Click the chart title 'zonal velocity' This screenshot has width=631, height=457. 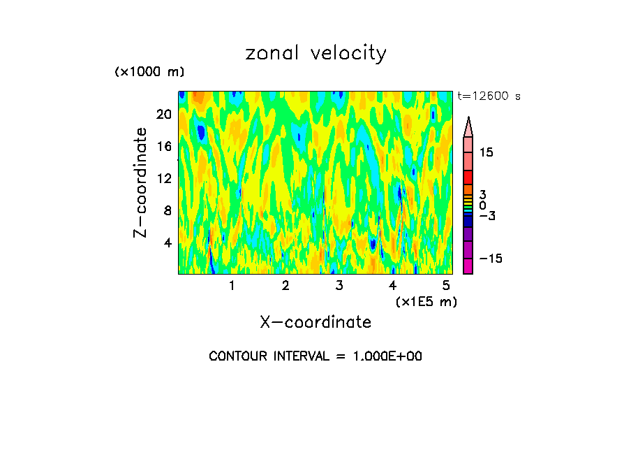coord(315,54)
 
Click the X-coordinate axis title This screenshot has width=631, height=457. coord(315,322)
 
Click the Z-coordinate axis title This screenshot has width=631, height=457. coord(142,182)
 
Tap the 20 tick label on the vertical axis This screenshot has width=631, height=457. coord(163,114)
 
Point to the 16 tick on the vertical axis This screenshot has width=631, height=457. coord(163,146)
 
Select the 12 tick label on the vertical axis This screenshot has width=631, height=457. coord(163,178)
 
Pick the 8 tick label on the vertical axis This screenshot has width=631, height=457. coord(167,210)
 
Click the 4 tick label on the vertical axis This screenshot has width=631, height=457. coord(167,242)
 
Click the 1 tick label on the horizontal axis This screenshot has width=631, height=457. coord(232,286)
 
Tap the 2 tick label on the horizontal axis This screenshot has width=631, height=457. coord(285,286)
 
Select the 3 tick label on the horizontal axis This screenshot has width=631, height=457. coord(339,286)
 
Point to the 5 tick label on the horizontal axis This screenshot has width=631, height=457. coord(446,286)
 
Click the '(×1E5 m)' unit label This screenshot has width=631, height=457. coord(426,301)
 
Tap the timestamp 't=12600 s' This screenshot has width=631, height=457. coord(489,96)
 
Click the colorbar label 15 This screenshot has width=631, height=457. coord(486,152)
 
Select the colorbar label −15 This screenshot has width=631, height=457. coord(490,259)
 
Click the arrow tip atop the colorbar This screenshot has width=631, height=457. coord(468,119)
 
